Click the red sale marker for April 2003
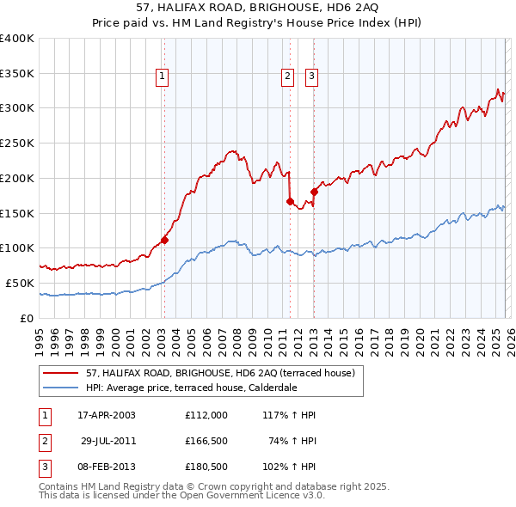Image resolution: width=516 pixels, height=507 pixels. point(164,241)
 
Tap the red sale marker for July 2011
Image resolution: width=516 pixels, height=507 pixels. point(290,201)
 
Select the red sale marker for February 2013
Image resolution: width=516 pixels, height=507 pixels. point(314,192)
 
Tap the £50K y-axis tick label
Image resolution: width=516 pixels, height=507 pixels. point(20,283)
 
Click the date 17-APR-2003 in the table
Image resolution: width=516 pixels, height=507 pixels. point(107,415)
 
